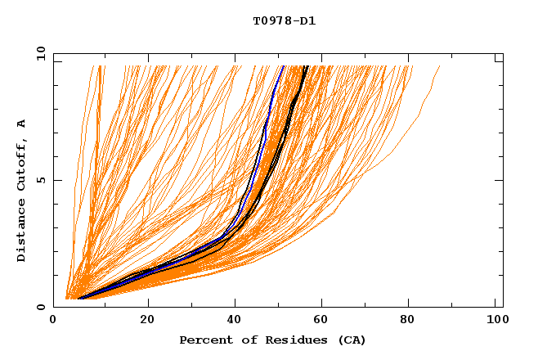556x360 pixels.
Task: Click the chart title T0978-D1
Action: click(284, 21)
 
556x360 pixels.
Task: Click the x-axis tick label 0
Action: click(53, 320)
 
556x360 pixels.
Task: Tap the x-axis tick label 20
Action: click(148, 320)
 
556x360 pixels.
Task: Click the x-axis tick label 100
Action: click(495, 320)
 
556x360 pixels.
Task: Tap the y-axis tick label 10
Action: click(40, 54)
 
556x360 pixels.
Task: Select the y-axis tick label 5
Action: click(40, 180)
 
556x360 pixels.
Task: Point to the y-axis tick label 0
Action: click(40, 307)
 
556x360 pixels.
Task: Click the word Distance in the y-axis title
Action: click(21, 230)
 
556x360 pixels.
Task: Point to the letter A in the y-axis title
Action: click(21, 124)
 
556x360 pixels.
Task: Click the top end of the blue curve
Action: click(282, 66)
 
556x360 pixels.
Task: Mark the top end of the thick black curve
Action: click(306, 66)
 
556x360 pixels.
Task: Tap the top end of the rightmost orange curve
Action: click(440, 66)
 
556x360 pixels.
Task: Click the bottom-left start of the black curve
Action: click(78, 299)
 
